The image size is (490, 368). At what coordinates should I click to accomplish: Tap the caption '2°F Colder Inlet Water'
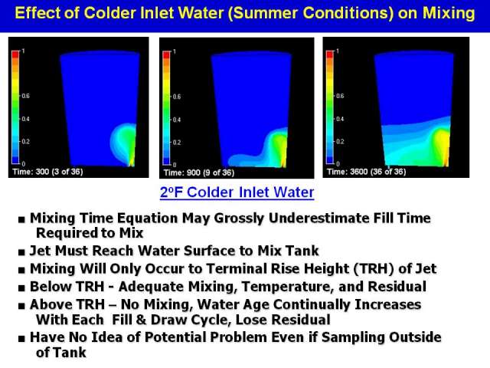coord(237,192)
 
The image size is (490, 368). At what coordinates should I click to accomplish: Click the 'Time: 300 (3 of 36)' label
coord(47,172)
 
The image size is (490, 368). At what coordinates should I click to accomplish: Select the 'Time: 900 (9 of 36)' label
coord(199,172)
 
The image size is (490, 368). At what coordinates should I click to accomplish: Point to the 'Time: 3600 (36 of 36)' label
coord(366,172)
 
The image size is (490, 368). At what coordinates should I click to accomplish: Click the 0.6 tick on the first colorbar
coord(25,96)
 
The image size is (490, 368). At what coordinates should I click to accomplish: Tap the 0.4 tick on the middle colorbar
coord(177,120)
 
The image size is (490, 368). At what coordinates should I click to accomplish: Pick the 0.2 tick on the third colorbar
coord(340,141)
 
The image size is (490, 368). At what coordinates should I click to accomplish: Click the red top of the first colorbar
coord(15,54)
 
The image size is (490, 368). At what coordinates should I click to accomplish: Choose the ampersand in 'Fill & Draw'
coord(141,320)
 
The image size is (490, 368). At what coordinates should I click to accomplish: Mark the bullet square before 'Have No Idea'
coord(21,339)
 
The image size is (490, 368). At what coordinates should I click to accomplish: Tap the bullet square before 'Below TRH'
coord(21,288)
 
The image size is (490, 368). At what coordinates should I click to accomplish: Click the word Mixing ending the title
coord(449,14)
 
